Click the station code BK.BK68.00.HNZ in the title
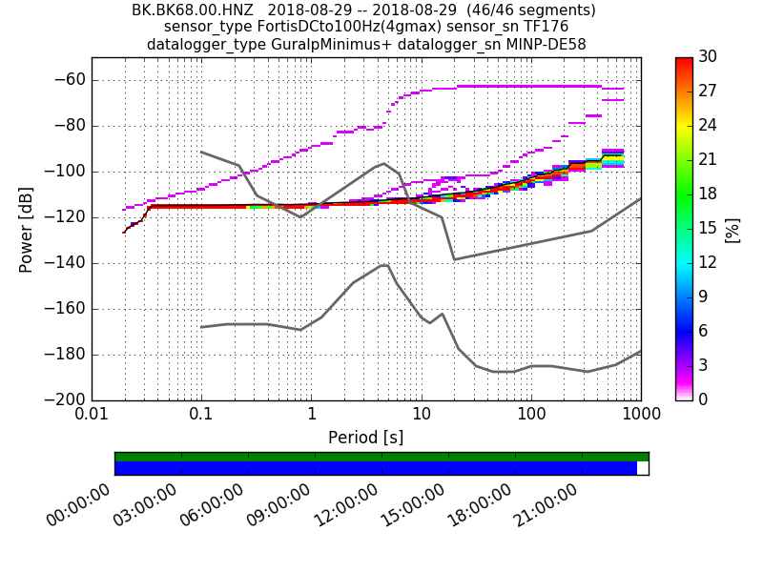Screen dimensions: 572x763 (192, 10)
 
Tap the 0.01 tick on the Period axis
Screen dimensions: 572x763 (92, 417)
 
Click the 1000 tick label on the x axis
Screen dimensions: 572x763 (640, 417)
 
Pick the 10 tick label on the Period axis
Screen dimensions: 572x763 (421, 417)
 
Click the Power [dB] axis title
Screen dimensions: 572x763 (27, 229)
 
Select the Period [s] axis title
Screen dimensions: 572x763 (365, 438)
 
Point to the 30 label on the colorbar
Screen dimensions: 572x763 (708, 57)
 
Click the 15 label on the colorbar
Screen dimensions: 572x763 (708, 229)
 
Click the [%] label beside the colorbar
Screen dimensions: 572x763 (732, 229)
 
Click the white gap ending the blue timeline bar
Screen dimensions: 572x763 (642, 468)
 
